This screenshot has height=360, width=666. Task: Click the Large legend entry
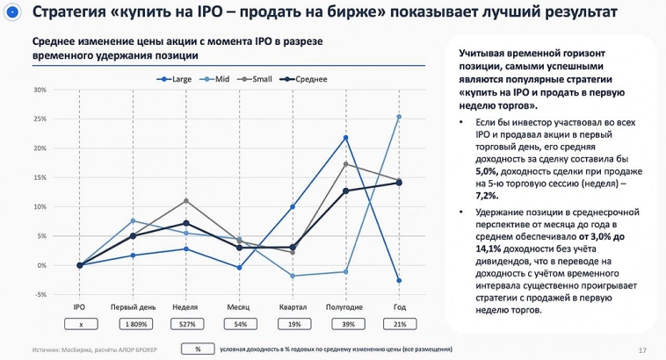pos(177,79)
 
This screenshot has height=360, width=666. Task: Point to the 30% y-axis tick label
pos(40,90)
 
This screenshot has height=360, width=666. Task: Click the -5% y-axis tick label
pos(40,294)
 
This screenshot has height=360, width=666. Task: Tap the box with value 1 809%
pos(133,324)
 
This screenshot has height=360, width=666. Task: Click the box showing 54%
pos(239,324)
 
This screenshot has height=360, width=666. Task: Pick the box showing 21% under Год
pos(399,324)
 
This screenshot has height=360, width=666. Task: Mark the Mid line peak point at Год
pos(399,117)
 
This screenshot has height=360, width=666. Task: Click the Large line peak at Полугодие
pos(345,138)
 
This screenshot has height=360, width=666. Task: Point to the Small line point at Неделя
pos(185,201)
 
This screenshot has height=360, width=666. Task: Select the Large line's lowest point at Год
pos(399,281)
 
